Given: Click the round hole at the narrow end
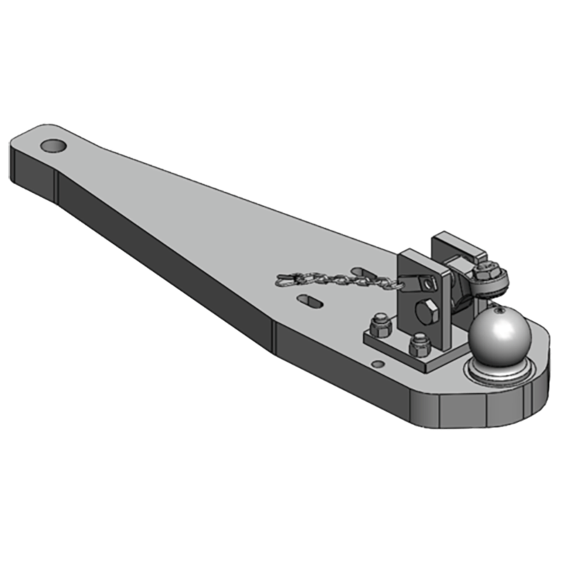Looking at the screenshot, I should (53, 146).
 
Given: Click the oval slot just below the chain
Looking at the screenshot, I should (310, 301).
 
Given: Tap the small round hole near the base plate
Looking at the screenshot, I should (378, 364).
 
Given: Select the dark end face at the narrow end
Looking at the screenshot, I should (32, 172).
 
